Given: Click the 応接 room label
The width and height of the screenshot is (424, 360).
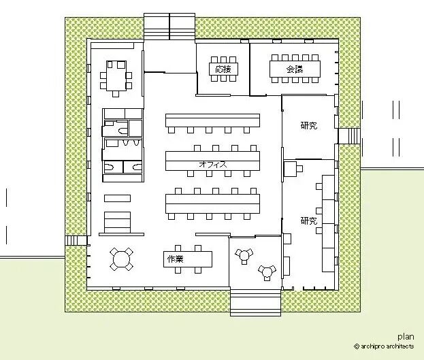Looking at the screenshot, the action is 223,69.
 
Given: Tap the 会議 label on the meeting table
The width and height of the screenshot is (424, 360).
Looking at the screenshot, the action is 295,69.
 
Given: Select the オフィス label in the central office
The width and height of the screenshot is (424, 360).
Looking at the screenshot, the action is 213,164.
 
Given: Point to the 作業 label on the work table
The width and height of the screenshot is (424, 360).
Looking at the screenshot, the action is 176,259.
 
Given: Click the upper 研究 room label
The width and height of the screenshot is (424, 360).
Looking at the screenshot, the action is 309,125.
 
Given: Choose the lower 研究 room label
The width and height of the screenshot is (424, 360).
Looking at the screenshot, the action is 309,220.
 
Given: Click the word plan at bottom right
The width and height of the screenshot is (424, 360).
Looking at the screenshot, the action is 406,337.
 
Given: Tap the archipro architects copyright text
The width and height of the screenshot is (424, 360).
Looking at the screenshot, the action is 384,346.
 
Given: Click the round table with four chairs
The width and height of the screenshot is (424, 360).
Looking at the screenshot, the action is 121,259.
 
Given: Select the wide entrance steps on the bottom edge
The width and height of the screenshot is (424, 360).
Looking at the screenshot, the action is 255,302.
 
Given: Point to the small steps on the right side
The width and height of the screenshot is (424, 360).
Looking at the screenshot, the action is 349,136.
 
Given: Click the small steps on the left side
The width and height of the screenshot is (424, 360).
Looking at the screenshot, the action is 76,240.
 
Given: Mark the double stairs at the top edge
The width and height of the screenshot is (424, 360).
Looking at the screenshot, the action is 169,27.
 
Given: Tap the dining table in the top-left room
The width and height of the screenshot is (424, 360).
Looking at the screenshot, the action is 116,76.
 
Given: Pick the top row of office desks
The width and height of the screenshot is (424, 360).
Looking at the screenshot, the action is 212,120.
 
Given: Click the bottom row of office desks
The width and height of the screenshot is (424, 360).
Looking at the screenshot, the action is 212,203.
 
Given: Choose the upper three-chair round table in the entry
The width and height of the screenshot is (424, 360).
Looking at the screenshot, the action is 244,256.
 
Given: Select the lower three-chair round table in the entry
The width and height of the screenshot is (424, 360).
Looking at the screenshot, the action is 267,272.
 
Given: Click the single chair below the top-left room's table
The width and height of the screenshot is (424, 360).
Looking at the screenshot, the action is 116,94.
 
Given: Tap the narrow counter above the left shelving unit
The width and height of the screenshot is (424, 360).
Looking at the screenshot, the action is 117,198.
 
